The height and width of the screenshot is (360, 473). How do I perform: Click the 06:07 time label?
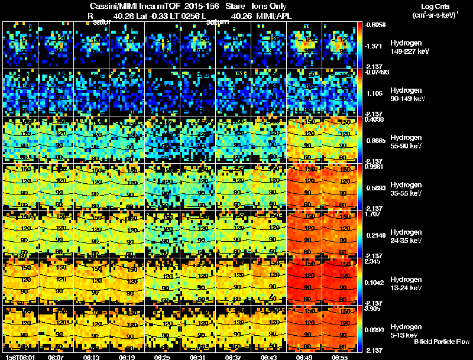coord(56,357)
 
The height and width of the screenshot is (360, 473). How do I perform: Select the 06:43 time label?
coord(269,357)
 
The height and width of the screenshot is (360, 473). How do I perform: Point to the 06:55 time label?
coord(340,357)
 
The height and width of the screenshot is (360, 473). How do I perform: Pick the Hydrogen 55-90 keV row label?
coord(408,142)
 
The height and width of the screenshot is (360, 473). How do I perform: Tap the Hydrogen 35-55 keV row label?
coord(408,189)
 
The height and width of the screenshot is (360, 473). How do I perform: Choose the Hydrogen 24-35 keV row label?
coord(408,236)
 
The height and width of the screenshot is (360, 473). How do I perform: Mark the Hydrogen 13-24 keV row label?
coord(408,284)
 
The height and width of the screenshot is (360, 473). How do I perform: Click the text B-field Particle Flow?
coord(442,342)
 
